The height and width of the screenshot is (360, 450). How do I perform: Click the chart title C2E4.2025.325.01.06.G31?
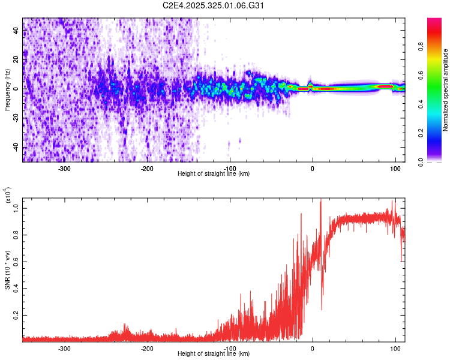[x=214, y=5]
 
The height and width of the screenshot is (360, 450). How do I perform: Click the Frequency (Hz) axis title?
[x=7, y=89]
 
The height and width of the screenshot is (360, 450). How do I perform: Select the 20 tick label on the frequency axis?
[x=16, y=59]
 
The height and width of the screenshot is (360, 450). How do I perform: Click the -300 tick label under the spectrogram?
[x=64, y=169]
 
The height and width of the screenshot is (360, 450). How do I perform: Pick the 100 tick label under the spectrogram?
[x=395, y=169]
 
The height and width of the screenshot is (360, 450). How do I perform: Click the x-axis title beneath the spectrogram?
[x=214, y=174]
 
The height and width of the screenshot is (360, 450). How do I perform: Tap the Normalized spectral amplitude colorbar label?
[x=446, y=89]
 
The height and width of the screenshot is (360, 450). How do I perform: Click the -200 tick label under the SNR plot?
[x=147, y=349]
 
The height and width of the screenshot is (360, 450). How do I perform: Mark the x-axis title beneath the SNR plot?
[x=214, y=354]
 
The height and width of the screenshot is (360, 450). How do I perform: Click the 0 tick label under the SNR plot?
[x=312, y=349]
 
